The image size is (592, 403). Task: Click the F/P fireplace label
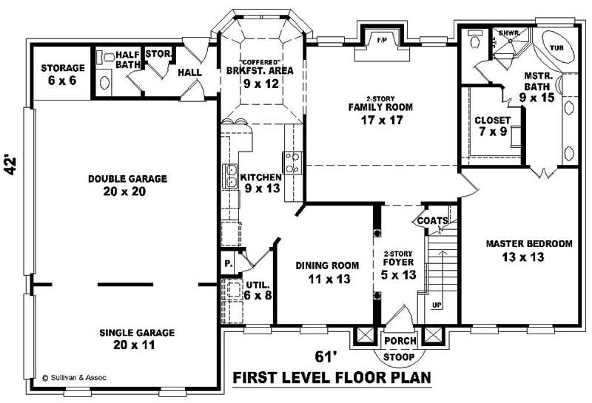click(383, 38)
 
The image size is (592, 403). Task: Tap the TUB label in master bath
click(556, 48)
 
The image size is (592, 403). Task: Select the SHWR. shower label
click(508, 33)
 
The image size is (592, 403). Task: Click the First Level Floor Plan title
click(332, 379)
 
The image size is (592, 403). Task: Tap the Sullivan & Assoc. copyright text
click(75, 377)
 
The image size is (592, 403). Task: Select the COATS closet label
click(431, 221)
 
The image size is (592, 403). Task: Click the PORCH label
click(400, 341)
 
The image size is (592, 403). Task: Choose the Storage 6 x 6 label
click(62, 74)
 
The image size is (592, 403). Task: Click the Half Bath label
click(127, 58)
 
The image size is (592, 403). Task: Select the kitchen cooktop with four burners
click(292, 162)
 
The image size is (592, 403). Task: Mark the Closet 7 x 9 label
click(492, 126)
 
